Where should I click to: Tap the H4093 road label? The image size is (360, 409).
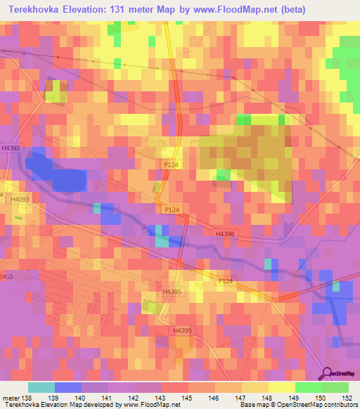(20, 200)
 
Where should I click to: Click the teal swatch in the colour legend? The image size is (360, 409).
(41, 387)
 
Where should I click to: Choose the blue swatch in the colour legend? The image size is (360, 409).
(67, 387)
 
